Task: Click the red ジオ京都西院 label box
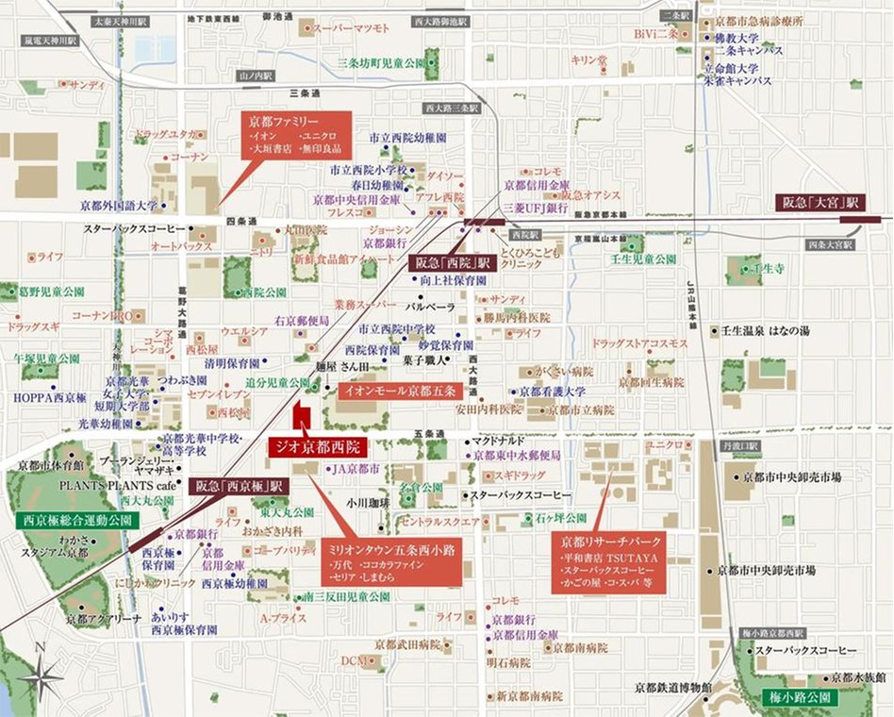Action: (x=317, y=447)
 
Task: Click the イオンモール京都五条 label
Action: (x=399, y=390)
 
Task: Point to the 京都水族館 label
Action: (x=859, y=677)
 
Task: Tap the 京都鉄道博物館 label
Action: (x=672, y=687)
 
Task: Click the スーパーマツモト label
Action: (x=351, y=29)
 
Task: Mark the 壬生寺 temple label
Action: (x=770, y=269)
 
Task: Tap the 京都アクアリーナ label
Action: (x=104, y=619)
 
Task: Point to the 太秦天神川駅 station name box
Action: (x=121, y=20)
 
